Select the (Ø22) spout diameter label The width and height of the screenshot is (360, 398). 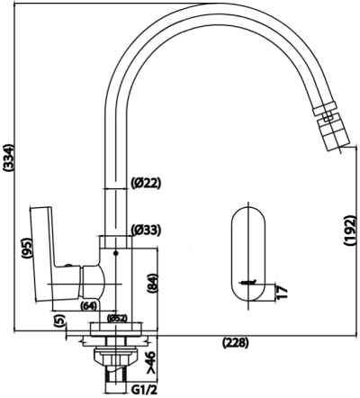click(145, 183)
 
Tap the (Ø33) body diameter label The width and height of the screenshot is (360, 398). click(145, 230)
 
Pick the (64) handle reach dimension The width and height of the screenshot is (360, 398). click(88, 306)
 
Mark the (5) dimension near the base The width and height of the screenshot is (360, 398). click(59, 320)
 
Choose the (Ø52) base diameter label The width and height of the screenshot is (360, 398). click(116, 318)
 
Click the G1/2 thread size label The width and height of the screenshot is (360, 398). click(147, 389)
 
